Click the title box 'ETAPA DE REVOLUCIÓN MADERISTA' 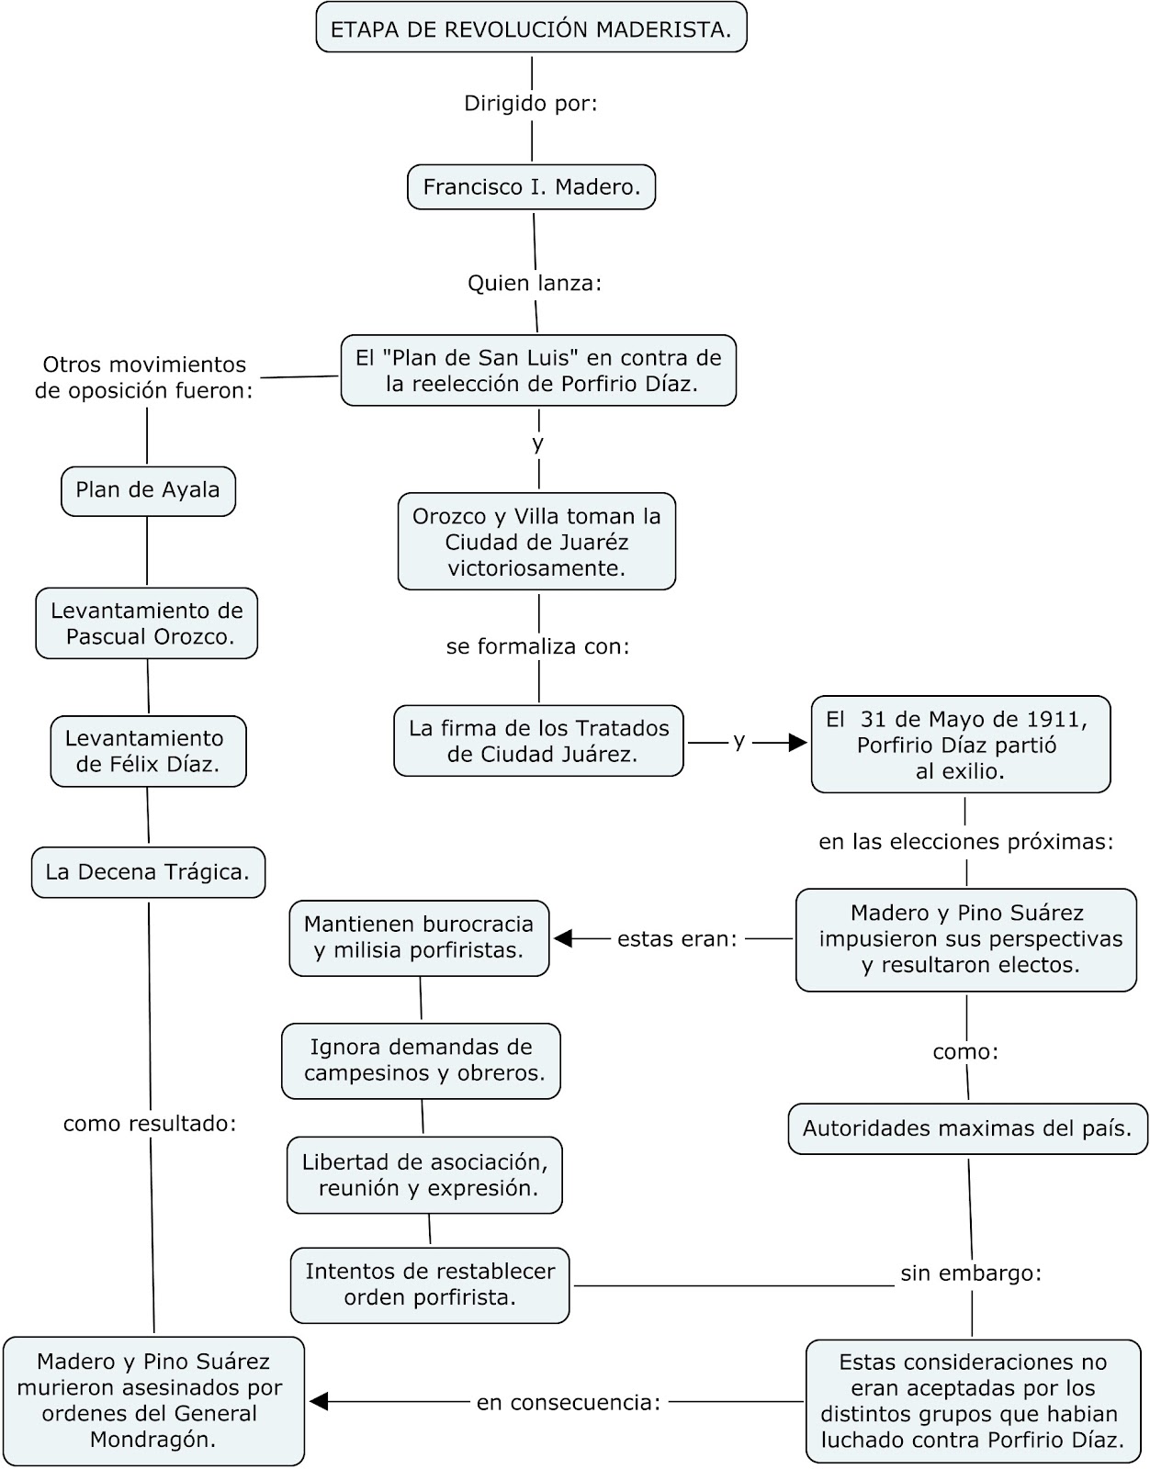(x=531, y=28)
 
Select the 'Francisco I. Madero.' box (x=531, y=187)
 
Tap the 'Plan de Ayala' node (x=148, y=490)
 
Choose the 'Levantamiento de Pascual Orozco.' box (x=147, y=623)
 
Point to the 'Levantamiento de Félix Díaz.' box (x=148, y=751)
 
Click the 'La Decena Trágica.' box (x=148, y=872)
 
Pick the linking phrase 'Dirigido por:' (x=531, y=104)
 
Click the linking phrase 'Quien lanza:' (x=535, y=283)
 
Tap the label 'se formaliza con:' (x=538, y=646)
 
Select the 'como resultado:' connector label (x=150, y=1124)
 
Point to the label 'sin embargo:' (x=971, y=1273)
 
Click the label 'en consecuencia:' (x=569, y=1403)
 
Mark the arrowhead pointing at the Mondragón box (x=319, y=1402)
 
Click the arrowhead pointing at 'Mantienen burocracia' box (x=563, y=938)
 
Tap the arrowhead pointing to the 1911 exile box (x=797, y=743)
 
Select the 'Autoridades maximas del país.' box (x=967, y=1128)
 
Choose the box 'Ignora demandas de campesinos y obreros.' (x=421, y=1060)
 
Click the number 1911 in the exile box (x=1054, y=720)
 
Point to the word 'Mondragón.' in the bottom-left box (x=152, y=1440)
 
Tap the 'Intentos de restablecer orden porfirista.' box (x=430, y=1284)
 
